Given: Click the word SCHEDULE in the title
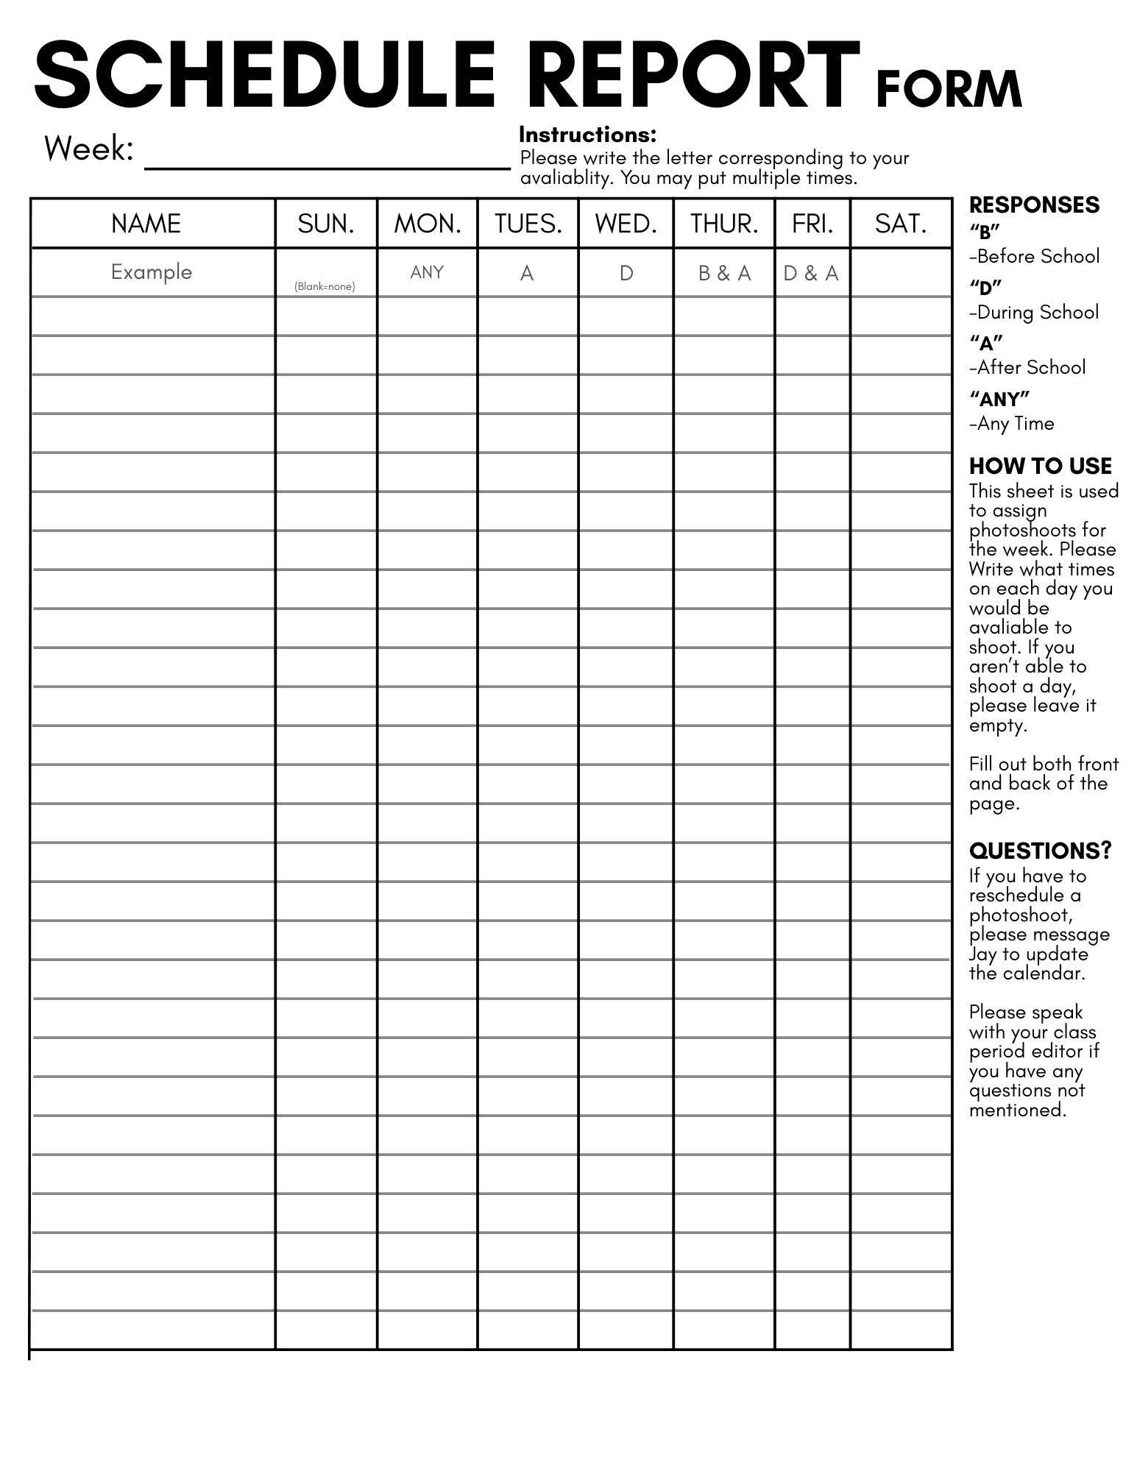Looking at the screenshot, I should coord(265,75).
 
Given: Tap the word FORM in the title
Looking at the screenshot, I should coord(949,90).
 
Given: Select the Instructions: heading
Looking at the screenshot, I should coord(587,135).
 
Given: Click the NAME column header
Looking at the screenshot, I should coord(146,224).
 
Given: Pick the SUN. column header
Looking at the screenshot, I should coord(326,224).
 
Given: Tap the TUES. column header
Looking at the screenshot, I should coord(528,224).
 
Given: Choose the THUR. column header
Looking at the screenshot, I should coord(724,224).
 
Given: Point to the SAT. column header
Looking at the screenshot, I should coord(901,224).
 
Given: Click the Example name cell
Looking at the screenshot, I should coord(152,272).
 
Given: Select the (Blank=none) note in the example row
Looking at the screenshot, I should coord(325,286).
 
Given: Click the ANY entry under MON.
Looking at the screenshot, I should coord(427,272).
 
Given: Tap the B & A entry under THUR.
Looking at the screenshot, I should coord(724,274).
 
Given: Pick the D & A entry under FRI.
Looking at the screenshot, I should coord(811,274).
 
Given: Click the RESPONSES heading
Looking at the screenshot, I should coord(1034,205).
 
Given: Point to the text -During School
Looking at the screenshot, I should coord(1034,312).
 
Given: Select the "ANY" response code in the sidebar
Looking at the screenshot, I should coord(999,399).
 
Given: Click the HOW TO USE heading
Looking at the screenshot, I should coord(1040,466).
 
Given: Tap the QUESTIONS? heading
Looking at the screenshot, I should coord(1040,851).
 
